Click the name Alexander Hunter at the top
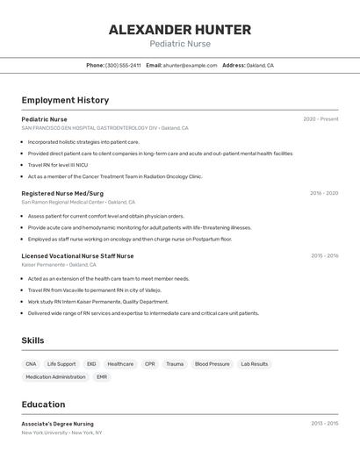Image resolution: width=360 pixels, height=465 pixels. tap(180, 30)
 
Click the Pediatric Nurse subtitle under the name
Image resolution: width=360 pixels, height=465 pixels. tap(180, 44)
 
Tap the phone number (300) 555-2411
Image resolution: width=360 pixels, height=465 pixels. tap(123, 65)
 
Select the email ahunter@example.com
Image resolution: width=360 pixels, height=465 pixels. tap(190, 65)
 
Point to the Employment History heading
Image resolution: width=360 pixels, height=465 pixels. tap(65, 100)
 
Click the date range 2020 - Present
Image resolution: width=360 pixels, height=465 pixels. tap(320, 119)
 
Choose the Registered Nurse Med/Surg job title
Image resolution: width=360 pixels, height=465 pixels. tap(62, 193)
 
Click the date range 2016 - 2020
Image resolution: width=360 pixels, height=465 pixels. tap(324, 193)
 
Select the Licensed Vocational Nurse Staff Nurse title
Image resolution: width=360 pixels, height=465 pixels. tap(77, 256)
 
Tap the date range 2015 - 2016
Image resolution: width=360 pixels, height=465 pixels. tap(324, 256)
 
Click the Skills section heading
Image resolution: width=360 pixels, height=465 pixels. tap(33, 340)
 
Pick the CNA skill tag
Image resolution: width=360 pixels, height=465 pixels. tap(31, 363)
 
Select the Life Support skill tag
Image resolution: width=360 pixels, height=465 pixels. tap(61, 363)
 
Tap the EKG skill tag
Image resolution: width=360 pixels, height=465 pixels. tap(91, 363)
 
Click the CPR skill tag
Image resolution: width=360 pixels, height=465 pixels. tap(149, 363)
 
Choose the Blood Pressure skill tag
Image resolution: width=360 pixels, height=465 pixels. tap(212, 363)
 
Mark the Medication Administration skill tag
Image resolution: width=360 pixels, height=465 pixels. tap(55, 377)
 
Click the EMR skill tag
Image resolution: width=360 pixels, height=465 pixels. tap(102, 377)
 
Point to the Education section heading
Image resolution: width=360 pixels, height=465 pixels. tap(43, 404)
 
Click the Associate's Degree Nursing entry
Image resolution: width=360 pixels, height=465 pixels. tap(57, 424)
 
